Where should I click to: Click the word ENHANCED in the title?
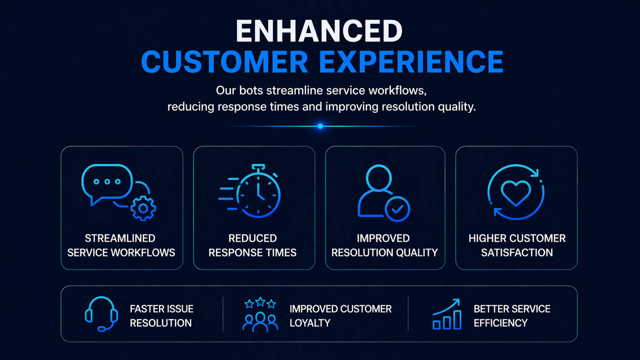319,31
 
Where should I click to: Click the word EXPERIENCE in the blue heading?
411,62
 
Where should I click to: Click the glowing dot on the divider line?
320,126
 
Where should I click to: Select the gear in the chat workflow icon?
143,208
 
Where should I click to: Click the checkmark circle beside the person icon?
397,209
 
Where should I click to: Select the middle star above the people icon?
260,302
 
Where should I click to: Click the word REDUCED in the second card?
253,238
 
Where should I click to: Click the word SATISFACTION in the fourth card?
517,253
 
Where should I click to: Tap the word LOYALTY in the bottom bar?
310,323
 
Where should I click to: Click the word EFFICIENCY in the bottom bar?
501,323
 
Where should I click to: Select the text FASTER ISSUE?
162,309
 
